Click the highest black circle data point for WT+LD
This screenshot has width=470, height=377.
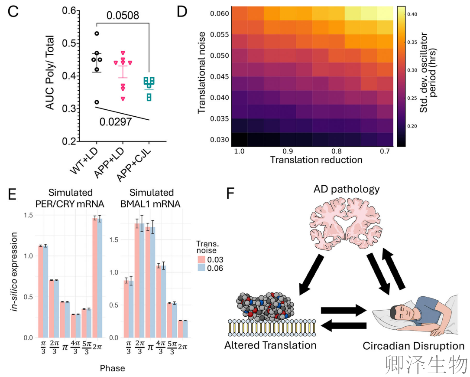(x=97, y=33)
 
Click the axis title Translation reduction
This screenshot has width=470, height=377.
(x=316, y=160)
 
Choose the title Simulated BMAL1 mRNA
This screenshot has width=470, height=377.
(x=151, y=198)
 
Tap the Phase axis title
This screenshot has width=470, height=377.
(x=112, y=368)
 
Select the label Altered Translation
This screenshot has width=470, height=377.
(x=270, y=346)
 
